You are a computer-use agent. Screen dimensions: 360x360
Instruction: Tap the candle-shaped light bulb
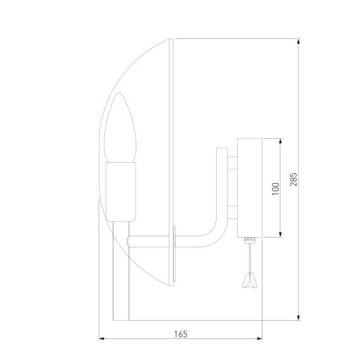(x=120, y=139)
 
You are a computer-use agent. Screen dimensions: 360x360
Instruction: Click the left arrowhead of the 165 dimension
(x=102, y=339)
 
